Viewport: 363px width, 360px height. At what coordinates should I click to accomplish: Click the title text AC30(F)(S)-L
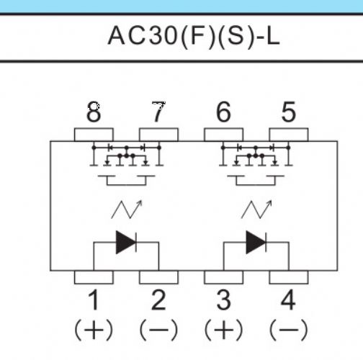[194, 37]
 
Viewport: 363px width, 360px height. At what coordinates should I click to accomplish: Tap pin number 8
[94, 112]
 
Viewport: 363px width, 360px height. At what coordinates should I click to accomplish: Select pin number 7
[158, 112]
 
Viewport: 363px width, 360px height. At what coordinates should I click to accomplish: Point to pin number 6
[223, 112]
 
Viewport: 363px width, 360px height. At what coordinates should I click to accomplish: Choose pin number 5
[288, 112]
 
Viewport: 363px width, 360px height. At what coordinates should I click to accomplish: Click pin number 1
[94, 300]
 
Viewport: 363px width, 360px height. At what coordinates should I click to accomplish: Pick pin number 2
[158, 300]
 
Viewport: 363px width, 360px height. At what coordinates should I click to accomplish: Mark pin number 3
[223, 300]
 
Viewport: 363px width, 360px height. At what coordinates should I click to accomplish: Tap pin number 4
[288, 300]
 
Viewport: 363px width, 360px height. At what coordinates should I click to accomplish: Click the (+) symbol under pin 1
[94, 330]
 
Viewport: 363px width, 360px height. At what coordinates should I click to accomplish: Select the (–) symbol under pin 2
[158, 330]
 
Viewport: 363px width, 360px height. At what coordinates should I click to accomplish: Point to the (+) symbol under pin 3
[223, 330]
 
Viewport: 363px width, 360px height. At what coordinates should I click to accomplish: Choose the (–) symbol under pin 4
[288, 330]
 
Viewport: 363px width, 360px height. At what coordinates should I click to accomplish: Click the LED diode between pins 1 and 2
[126, 243]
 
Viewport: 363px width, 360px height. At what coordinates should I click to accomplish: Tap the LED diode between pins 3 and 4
[256, 243]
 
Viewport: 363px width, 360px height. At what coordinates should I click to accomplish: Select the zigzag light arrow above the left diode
[127, 210]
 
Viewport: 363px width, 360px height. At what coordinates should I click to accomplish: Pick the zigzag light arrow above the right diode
[256, 210]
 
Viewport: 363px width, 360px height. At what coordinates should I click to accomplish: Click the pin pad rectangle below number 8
[94, 135]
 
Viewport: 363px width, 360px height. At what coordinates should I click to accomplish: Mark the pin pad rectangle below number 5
[289, 135]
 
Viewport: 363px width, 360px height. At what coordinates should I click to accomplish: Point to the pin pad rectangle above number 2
[158, 277]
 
